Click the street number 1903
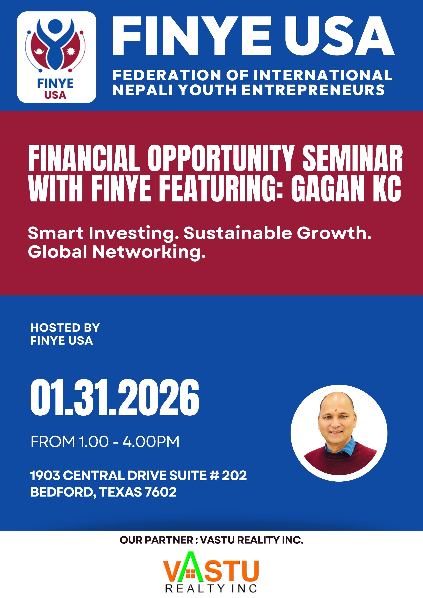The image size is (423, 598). pyautogui.click(x=45, y=475)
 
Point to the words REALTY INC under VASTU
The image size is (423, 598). pyautogui.click(x=211, y=588)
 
